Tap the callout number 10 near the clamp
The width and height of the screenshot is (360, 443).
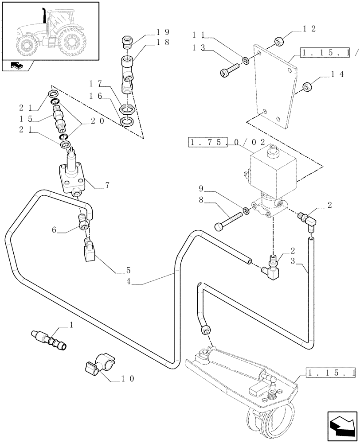tap(128, 379)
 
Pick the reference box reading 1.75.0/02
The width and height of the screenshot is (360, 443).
tap(227, 143)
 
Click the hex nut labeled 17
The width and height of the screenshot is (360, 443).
tap(127, 108)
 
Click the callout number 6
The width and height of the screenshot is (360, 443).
tap(54, 230)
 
